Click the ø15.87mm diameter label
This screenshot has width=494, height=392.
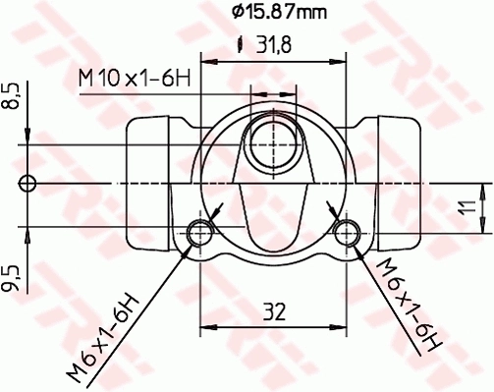pyautogui.click(x=279, y=12)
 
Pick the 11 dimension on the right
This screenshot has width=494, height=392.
pyautogui.click(x=469, y=207)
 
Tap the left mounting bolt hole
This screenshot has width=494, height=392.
pyautogui.click(x=201, y=233)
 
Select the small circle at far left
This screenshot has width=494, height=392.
pyautogui.click(x=28, y=183)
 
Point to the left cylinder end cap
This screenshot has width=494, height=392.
pyautogui.click(x=152, y=183)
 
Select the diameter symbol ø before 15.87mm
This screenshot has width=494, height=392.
pyautogui.click(x=237, y=12)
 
